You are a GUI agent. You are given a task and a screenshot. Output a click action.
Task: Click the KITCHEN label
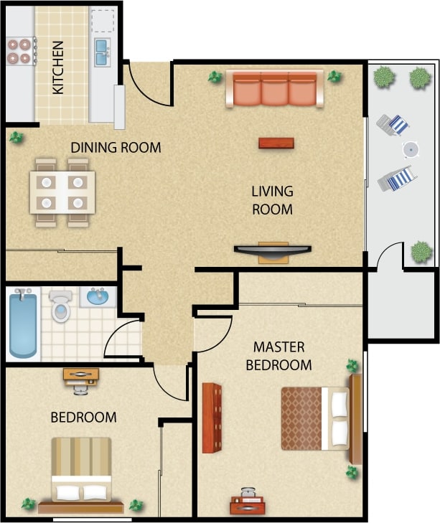coord(59,67)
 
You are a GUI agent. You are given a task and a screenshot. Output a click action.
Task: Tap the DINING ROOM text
coord(116,147)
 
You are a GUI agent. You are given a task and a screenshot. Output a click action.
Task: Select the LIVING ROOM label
coord(272,200)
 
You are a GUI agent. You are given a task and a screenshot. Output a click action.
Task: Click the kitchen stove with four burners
coord(19,50)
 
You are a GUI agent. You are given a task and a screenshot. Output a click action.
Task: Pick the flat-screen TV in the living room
coord(273,250)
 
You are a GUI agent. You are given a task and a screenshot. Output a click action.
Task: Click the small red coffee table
coord(276,143)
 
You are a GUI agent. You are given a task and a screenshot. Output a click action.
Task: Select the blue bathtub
coord(24,324)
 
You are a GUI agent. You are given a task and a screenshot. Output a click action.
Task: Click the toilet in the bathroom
coord(61,306)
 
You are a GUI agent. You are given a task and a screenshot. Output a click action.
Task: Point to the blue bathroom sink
coord(98,296)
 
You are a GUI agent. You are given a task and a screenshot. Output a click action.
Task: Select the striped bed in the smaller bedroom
coord(81,469)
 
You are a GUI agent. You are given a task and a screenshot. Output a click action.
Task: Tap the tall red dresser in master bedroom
coord(212,418)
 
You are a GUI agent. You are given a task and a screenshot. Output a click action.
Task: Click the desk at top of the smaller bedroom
coord(81,375)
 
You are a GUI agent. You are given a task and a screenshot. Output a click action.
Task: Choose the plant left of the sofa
coord(214,77)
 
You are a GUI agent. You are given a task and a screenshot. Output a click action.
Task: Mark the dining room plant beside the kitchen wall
coord(15,136)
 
